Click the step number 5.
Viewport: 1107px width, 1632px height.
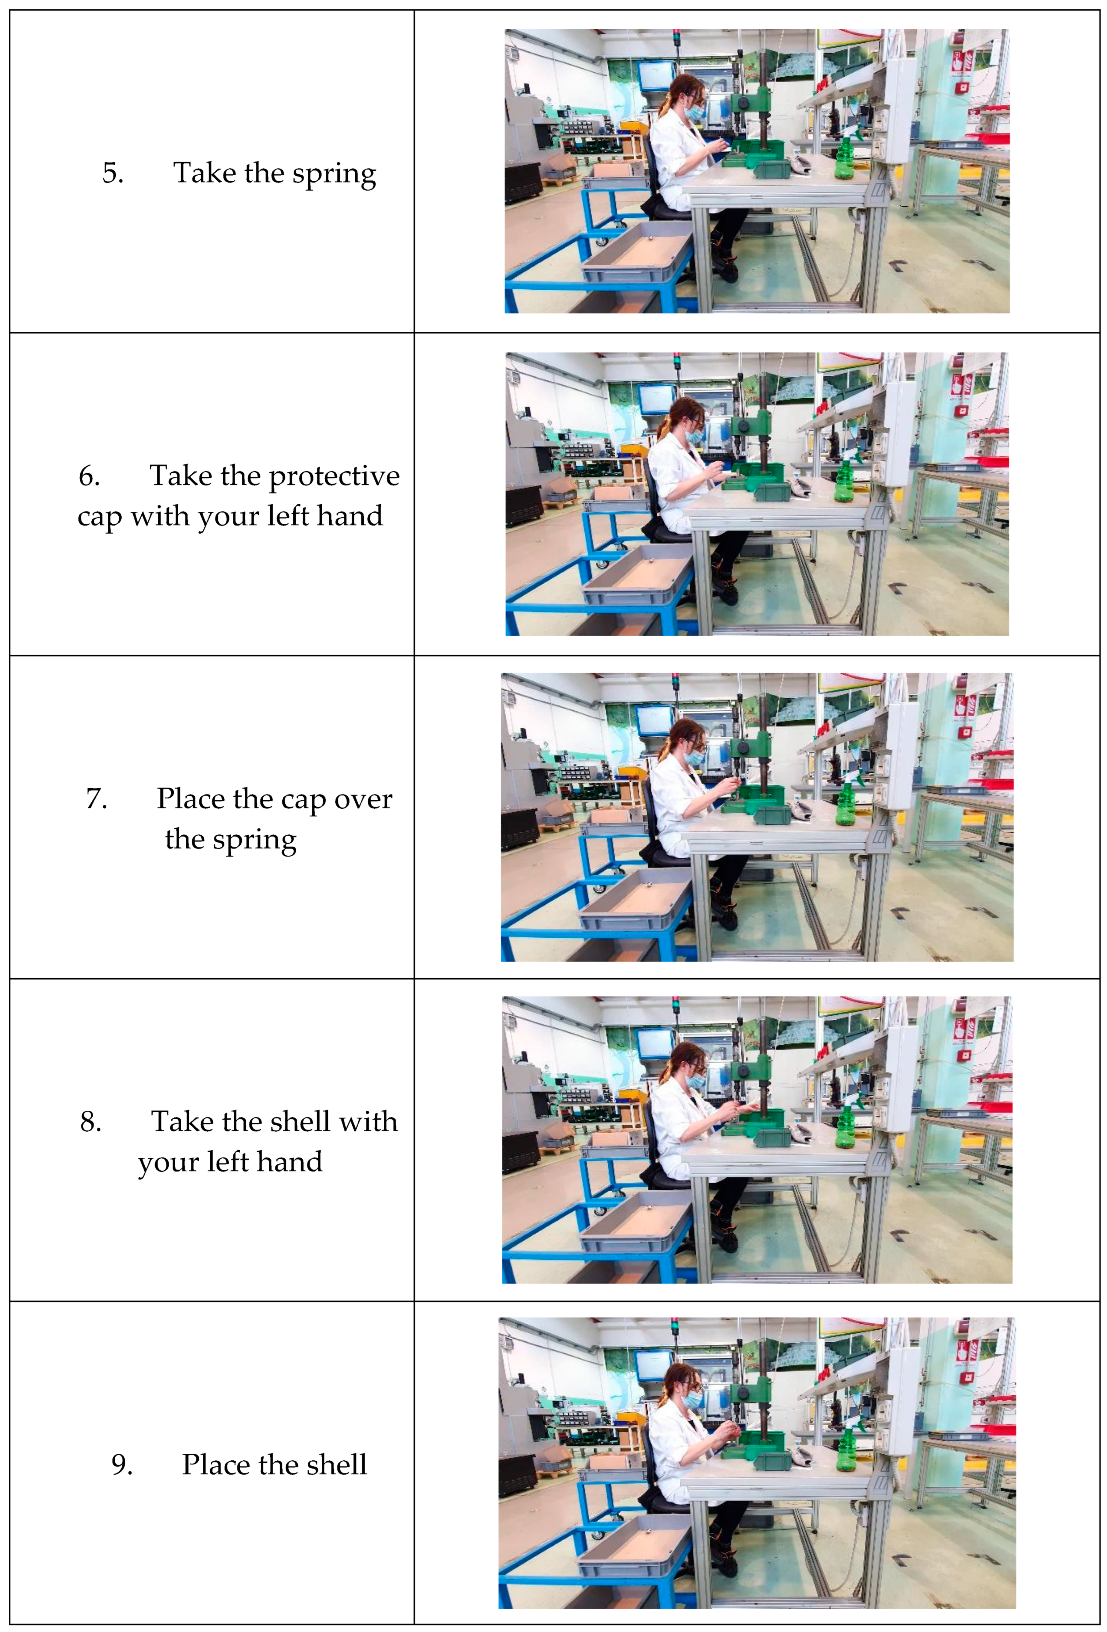click(x=113, y=173)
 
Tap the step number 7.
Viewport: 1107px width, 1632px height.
click(x=97, y=799)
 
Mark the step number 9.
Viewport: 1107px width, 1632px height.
click(x=122, y=1465)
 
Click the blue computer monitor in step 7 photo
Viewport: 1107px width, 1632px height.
click(x=654, y=722)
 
